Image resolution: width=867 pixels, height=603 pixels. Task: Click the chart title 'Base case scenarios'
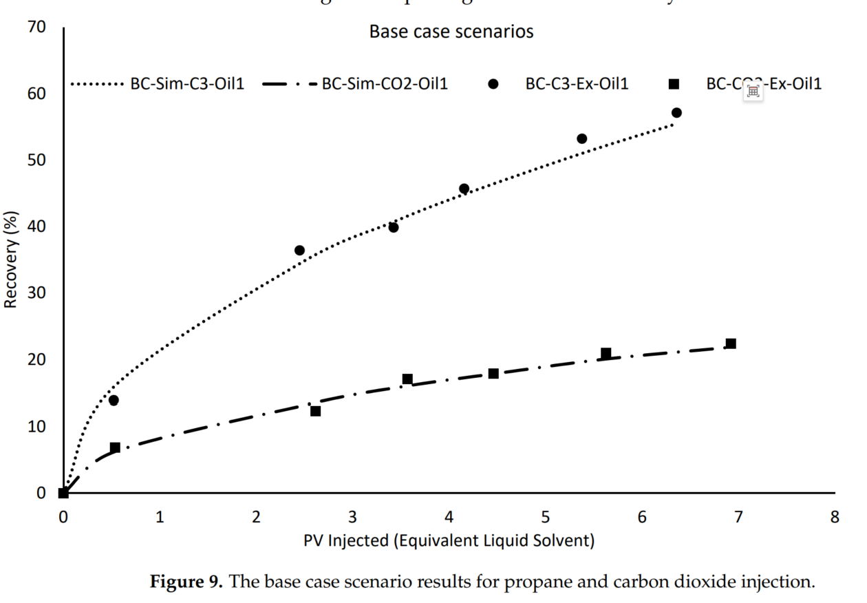tap(451, 32)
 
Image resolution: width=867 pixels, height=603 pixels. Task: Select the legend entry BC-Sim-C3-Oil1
tap(187, 84)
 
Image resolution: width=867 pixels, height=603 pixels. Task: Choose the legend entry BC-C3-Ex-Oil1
tap(577, 84)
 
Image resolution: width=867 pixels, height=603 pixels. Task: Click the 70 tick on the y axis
tap(36, 27)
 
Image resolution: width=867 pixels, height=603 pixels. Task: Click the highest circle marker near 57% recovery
tap(676, 113)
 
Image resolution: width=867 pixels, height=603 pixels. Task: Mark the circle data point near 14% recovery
tap(114, 400)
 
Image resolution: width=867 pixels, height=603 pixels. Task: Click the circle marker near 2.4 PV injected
tap(299, 251)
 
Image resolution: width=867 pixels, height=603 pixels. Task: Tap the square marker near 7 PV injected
tap(731, 343)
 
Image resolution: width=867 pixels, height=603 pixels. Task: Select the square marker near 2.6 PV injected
tap(316, 411)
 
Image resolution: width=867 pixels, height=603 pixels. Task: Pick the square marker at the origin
tap(63, 493)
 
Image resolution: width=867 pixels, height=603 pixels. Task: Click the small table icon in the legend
tap(753, 91)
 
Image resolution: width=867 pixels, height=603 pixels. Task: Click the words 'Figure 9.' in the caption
tap(186, 582)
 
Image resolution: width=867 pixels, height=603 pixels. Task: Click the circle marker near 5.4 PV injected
tap(581, 138)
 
